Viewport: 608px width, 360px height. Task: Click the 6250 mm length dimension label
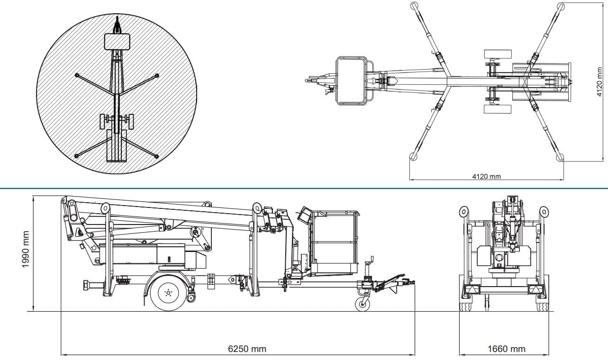(247, 349)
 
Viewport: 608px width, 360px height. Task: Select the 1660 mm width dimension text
(506, 349)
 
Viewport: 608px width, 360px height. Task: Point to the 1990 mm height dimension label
(27, 254)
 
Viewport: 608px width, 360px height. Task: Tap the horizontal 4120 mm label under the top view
(486, 177)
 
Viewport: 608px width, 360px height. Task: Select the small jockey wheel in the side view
(363, 304)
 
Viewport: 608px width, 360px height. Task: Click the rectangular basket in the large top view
(352, 81)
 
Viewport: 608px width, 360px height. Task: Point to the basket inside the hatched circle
(117, 41)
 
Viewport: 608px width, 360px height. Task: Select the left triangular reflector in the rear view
(471, 289)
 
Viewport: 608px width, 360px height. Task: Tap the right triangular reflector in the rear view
(535, 289)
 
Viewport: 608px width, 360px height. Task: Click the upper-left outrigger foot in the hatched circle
(76, 75)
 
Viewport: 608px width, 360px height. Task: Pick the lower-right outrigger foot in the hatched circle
(157, 155)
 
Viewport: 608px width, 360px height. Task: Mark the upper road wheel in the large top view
(498, 54)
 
